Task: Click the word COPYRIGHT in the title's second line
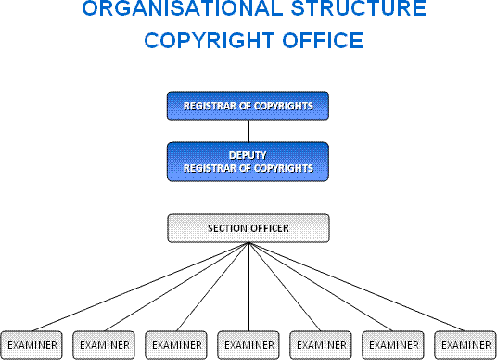[204, 42]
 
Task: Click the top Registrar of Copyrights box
[248, 106]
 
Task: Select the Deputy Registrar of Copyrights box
[248, 161]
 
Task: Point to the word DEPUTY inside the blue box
[248, 155]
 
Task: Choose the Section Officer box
[248, 227]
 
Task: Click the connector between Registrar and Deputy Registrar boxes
[248, 130]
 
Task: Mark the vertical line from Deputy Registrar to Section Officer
[248, 197]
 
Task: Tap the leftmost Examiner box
[32, 344]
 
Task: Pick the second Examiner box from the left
[104, 344]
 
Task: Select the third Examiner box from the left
[176, 344]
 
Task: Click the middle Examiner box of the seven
[248, 344]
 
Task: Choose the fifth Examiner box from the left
[321, 344]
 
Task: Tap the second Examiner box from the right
[393, 344]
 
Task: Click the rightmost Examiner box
[464, 344]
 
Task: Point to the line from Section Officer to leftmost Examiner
[139, 287]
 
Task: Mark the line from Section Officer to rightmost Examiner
[356, 287]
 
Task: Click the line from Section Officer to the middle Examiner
[248, 287]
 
